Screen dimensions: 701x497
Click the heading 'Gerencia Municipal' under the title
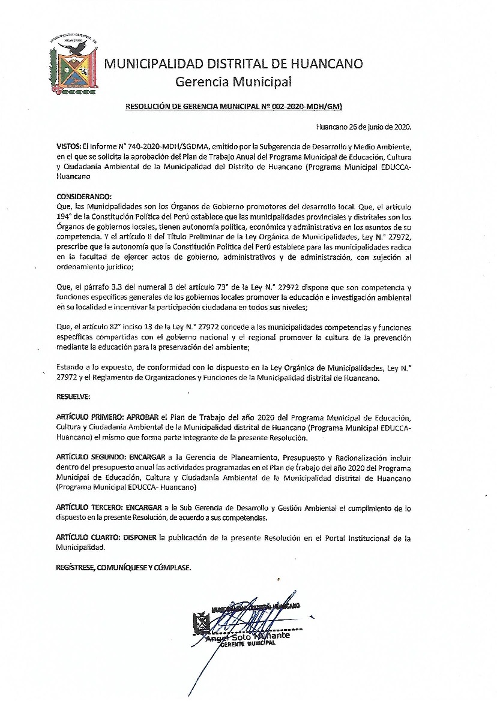point(233,81)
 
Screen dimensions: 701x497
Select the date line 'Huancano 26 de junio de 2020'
point(364,127)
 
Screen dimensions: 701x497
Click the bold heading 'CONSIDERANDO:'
point(84,197)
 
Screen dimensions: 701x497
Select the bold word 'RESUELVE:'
point(74,396)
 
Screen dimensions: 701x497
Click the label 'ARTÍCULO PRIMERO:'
point(90,417)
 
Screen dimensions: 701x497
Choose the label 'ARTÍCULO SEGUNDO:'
point(91,458)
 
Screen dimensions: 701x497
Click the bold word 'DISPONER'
point(140,538)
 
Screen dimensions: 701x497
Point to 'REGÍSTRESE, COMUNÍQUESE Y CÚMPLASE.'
point(124,567)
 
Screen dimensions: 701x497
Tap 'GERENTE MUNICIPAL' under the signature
point(247,643)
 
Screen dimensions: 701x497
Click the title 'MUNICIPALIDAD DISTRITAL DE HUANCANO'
point(233,64)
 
